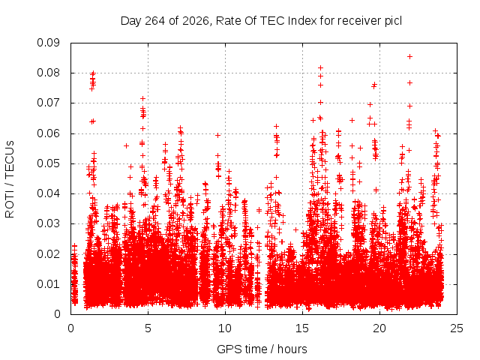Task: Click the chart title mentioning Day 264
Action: [x=261, y=21]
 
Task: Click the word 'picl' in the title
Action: [x=393, y=21]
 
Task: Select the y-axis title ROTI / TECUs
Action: [x=10, y=179]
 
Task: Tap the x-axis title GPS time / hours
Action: [x=262, y=349]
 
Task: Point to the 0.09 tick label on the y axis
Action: [x=48, y=43]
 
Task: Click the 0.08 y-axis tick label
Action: [x=48, y=73]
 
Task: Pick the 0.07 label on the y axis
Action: [x=48, y=103]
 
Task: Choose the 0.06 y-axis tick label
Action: [x=48, y=133]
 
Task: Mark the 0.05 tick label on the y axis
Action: [x=48, y=163]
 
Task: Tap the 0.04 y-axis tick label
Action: [x=48, y=193]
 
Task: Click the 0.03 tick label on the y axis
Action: [x=48, y=223]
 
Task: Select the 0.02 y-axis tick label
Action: [x=48, y=253]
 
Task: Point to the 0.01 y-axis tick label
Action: [x=48, y=284]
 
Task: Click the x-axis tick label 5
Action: [x=148, y=328]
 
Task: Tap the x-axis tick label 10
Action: [x=225, y=328]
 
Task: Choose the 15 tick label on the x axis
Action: [x=302, y=328]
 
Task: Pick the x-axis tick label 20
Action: [x=379, y=328]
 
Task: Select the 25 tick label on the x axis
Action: [x=457, y=328]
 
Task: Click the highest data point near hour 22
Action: [x=409, y=57]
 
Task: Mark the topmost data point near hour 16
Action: [x=320, y=67]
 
